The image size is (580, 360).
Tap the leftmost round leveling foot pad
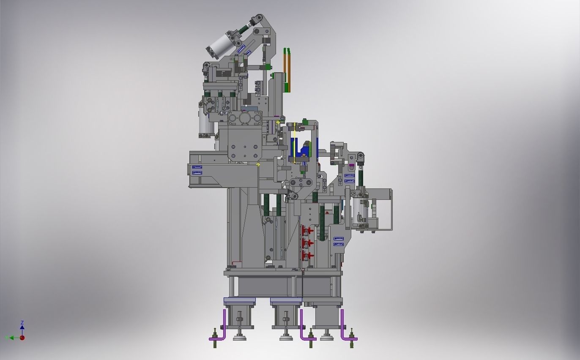(240, 338)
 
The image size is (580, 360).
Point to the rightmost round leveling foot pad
(326, 337)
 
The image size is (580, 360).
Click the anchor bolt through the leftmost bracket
(215, 338)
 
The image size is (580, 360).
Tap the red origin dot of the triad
(22, 338)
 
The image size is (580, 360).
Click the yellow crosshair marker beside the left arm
(258, 164)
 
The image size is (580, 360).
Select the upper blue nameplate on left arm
(197, 168)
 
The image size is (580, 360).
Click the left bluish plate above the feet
(240, 300)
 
